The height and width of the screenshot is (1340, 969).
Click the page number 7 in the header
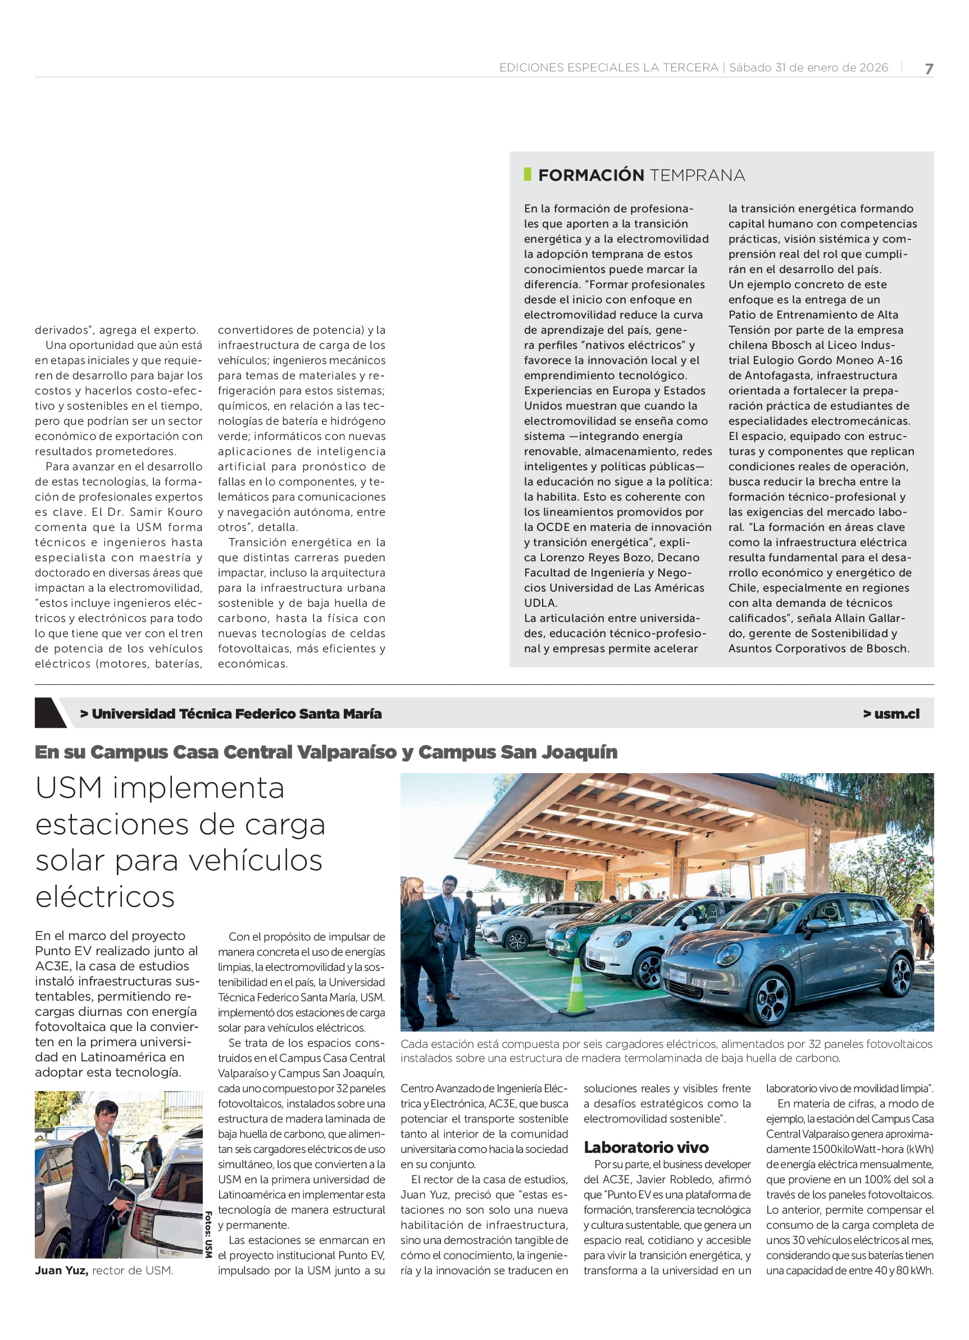coord(929,69)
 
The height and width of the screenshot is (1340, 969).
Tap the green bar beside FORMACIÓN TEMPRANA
coord(527,174)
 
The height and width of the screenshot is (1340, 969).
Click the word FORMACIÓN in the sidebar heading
coord(591,175)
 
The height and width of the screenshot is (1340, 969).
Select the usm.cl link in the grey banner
coord(892,714)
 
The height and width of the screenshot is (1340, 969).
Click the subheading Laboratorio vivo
coord(646,1147)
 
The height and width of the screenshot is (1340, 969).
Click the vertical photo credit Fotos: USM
coord(208,1234)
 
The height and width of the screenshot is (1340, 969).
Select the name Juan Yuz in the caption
coord(61,1270)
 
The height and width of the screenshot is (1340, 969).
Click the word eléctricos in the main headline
coord(105,897)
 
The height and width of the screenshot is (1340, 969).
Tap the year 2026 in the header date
coord(874,68)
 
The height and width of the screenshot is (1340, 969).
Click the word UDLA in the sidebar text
coord(540,603)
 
